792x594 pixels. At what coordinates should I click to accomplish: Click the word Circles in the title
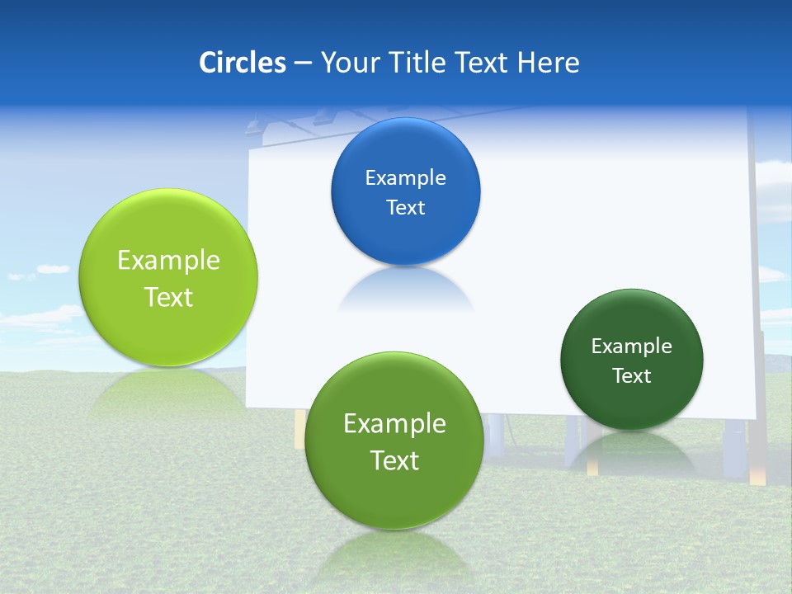(242, 63)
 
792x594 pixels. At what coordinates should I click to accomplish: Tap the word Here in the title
(549, 63)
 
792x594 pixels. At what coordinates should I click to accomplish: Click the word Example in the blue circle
(405, 178)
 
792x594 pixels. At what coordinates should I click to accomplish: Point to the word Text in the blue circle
(405, 208)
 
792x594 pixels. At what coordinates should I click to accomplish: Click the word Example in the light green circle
(168, 261)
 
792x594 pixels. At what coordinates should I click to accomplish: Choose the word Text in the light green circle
(168, 297)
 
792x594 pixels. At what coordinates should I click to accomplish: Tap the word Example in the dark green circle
(631, 346)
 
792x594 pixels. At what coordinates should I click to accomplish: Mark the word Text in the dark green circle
(632, 376)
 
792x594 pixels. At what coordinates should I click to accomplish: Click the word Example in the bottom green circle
(394, 424)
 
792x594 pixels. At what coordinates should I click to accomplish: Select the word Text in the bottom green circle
(394, 460)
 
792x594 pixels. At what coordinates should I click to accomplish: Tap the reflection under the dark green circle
(631, 451)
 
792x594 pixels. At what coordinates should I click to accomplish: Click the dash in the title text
(302, 63)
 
